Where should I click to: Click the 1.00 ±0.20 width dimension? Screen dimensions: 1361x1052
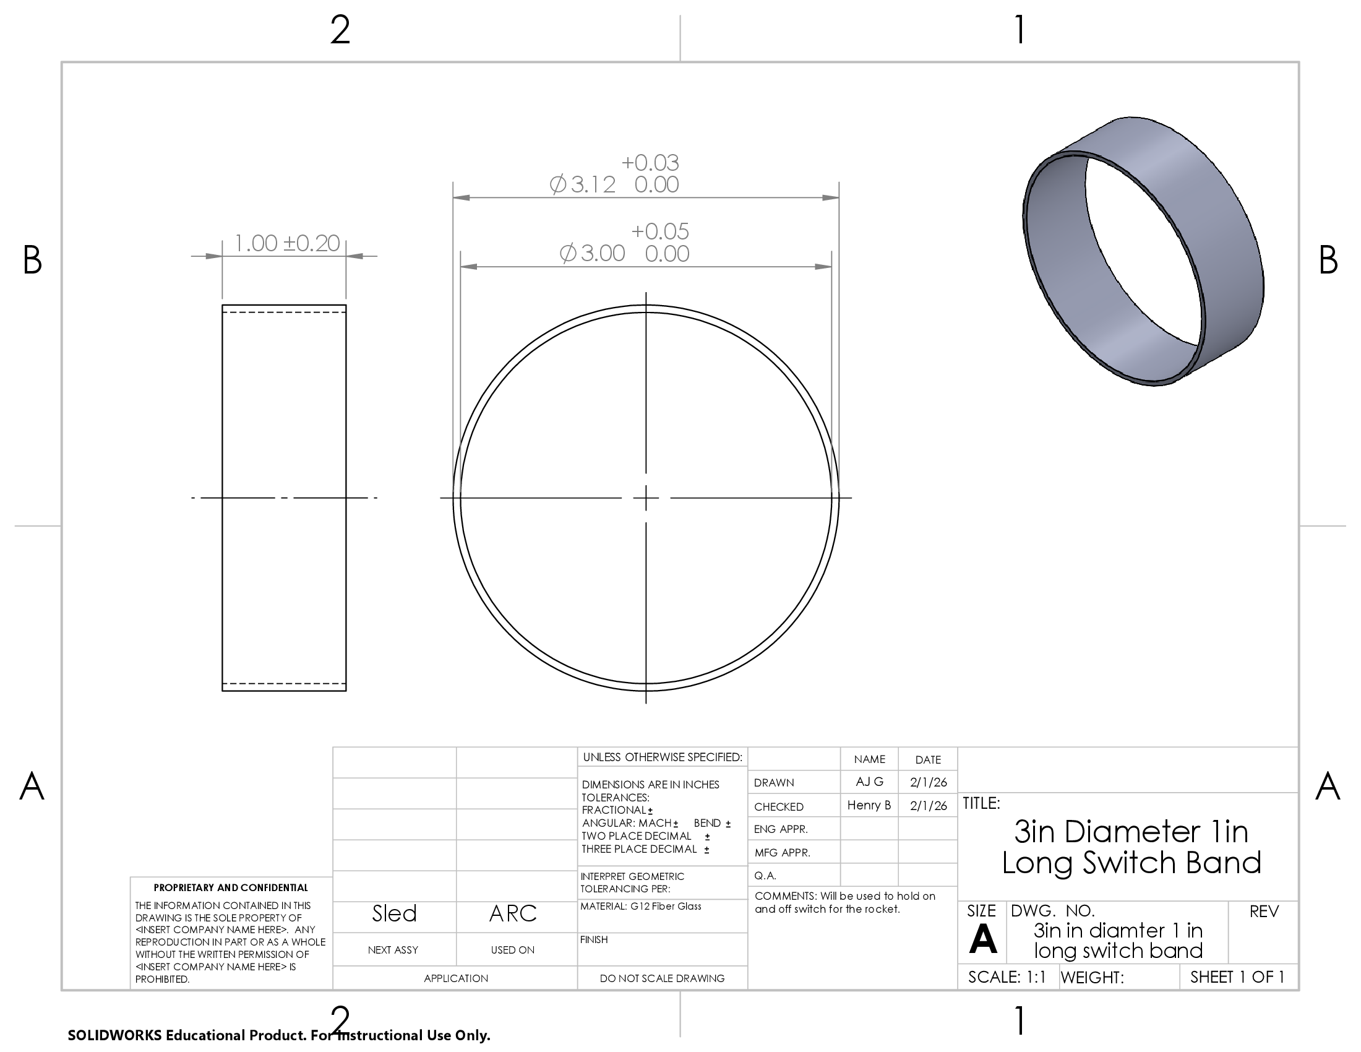pyautogui.click(x=286, y=243)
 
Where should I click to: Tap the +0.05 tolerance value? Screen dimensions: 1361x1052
pyautogui.click(x=660, y=231)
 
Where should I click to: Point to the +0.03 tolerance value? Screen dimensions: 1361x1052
pyautogui.click(x=650, y=163)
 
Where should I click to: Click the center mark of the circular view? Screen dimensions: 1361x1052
pyautogui.click(x=646, y=498)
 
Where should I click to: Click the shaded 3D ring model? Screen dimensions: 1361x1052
pyautogui.click(x=1143, y=251)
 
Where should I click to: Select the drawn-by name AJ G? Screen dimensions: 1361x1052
pyautogui.click(x=869, y=782)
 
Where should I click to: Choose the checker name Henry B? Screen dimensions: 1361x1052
pyautogui.click(x=869, y=805)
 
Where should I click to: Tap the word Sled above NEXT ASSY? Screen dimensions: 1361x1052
pyautogui.click(x=394, y=913)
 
